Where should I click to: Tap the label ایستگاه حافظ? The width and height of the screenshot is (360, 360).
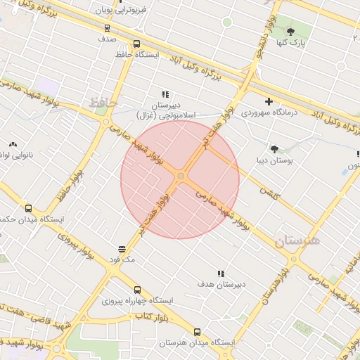point(138,54)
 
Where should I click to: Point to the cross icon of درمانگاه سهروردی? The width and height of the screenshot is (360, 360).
point(269,101)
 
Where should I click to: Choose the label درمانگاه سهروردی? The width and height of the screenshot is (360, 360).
point(269,112)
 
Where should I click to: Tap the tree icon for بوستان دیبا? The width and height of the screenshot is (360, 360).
point(274,148)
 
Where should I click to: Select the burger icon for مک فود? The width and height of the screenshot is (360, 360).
point(122,249)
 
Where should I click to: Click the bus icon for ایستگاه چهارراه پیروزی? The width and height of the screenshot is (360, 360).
point(137,290)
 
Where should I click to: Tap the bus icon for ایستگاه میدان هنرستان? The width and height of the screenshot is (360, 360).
point(197,331)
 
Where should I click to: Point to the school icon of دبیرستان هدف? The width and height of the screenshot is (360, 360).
point(221,274)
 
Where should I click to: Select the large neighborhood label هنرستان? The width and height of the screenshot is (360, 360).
point(297,241)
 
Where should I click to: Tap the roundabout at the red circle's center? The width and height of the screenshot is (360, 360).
point(181,176)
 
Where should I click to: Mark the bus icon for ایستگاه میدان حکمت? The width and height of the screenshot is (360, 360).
point(28,208)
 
